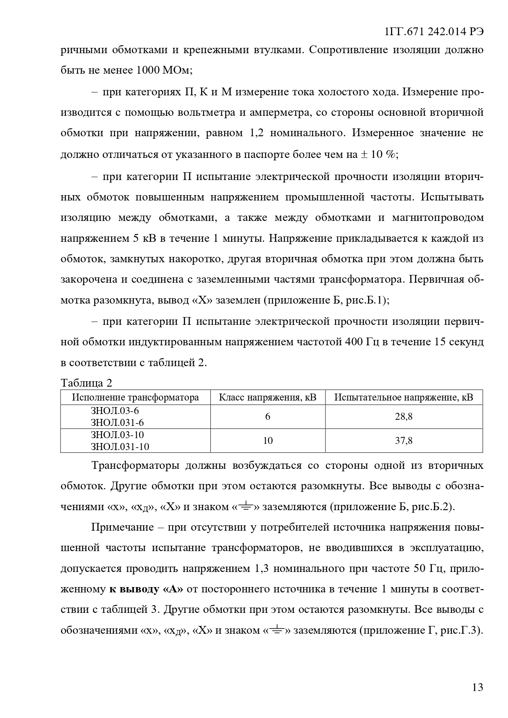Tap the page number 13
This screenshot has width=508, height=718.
click(477, 687)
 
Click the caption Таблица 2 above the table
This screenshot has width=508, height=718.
click(86, 383)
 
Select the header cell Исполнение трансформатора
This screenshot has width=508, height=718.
click(135, 397)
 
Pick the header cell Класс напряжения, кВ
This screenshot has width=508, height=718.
click(268, 397)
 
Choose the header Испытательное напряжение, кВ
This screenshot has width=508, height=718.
click(404, 397)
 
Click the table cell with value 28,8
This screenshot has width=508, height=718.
click(404, 416)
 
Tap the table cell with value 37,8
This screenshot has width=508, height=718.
click(404, 441)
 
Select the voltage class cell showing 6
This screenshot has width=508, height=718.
click(268, 416)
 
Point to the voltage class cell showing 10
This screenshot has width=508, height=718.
click(268, 441)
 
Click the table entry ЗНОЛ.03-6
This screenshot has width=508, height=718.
click(112, 411)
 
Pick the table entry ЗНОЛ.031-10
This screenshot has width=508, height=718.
click(120, 447)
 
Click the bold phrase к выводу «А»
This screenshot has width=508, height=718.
click(146, 589)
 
